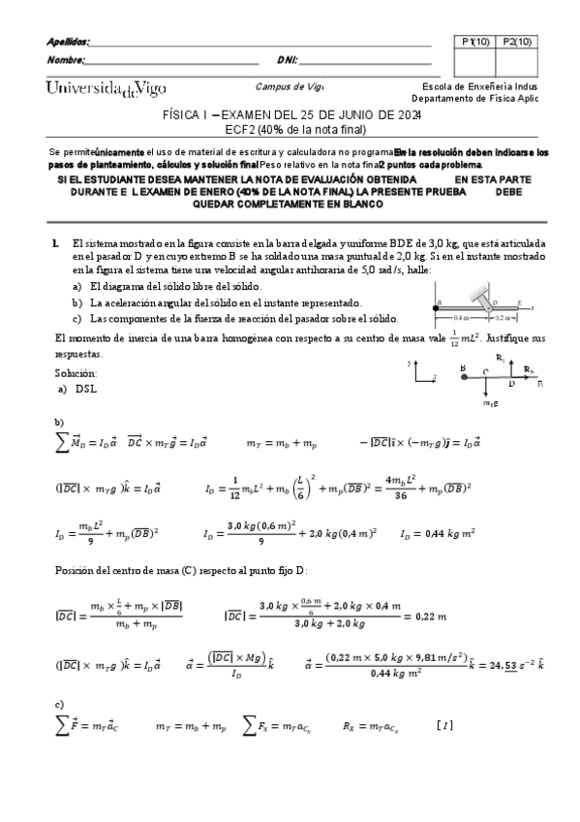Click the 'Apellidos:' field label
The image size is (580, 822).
coord(68,42)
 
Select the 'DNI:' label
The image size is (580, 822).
coord(287,60)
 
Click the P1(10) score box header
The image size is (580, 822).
coord(476,42)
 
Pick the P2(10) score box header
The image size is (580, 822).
coord(516,42)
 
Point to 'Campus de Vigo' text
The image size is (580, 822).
coord(290,85)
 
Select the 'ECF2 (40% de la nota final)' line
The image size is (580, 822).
coord(290,126)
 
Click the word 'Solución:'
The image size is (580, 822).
coord(76,372)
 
